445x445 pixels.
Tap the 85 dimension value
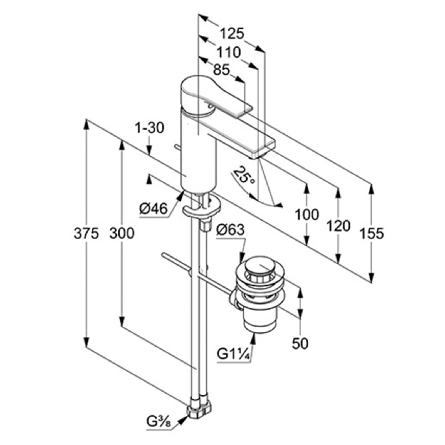222,70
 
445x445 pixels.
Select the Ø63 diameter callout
231,230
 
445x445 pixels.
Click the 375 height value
86,233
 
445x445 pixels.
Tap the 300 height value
122,233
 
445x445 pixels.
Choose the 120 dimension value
338,226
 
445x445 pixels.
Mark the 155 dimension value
372,233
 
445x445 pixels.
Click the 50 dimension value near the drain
300,343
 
